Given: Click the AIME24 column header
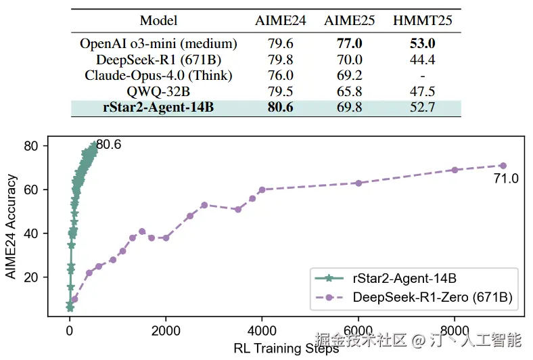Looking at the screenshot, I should (x=281, y=20).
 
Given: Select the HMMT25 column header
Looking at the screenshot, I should (x=422, y=20).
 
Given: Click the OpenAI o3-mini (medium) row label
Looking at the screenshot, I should (x=159, y=44).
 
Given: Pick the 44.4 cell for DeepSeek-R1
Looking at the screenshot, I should (x=422, y=60).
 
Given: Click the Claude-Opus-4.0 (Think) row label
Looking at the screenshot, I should (x=159, y=75).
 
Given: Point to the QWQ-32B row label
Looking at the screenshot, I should (x=159, y=91).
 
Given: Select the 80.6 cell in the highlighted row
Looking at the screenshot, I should (x=281, y=107).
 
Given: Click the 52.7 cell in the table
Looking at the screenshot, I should (x=422, y=107).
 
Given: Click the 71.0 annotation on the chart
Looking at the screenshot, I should (x=505, y=179).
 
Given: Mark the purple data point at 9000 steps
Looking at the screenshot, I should (x=503, y=165).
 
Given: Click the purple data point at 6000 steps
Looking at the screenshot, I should (x=358, y=183).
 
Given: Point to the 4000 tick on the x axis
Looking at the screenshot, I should (x=262, y=331).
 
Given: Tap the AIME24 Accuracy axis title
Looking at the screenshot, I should (x=11, y=227).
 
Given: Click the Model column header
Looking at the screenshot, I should (x=159, y=20).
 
